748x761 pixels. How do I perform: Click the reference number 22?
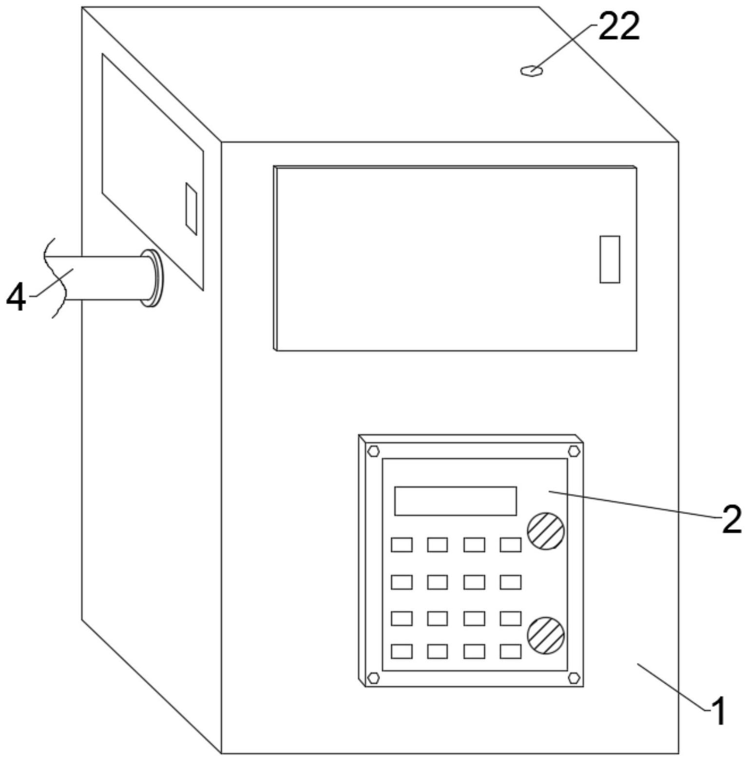tap(618, 27)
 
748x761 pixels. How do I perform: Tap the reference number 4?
tap(16, 298)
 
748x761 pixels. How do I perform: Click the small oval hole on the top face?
tap(531, 71)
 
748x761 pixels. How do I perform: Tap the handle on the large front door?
tap(609, 259)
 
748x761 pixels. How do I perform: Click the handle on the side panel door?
tap(191, 209)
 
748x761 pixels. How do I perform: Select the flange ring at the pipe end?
tap(153, 278)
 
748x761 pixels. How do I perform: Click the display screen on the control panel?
tap(455, 501)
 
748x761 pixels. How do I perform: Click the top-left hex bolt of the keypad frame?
tap(374, 451)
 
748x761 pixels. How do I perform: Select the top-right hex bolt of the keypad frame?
tap(575, 451)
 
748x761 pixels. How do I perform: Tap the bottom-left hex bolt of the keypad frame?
tap(374, 677)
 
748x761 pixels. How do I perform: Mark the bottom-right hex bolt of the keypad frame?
tap(575, 677)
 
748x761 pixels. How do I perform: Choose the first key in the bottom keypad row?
tap(402, 651)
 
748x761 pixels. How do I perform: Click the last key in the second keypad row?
tap(510, 582)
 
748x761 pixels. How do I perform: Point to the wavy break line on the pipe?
tap(55, 278)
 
